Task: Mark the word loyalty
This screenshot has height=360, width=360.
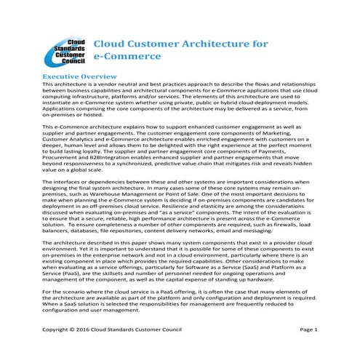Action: point(101,155)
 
